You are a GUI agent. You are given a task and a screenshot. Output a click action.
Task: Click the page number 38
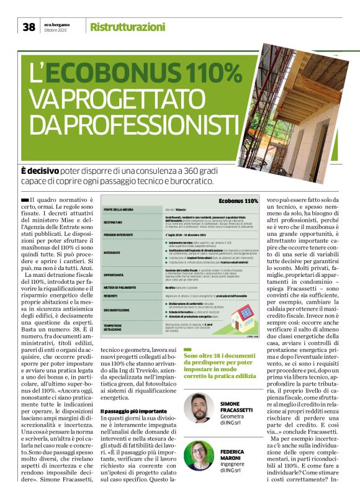29,27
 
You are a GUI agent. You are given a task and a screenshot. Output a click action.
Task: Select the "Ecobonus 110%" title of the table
239,201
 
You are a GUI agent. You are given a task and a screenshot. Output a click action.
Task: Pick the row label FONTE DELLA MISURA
120,211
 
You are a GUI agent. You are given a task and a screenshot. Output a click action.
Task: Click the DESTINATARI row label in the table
115,222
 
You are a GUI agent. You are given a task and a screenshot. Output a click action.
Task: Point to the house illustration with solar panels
238,315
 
